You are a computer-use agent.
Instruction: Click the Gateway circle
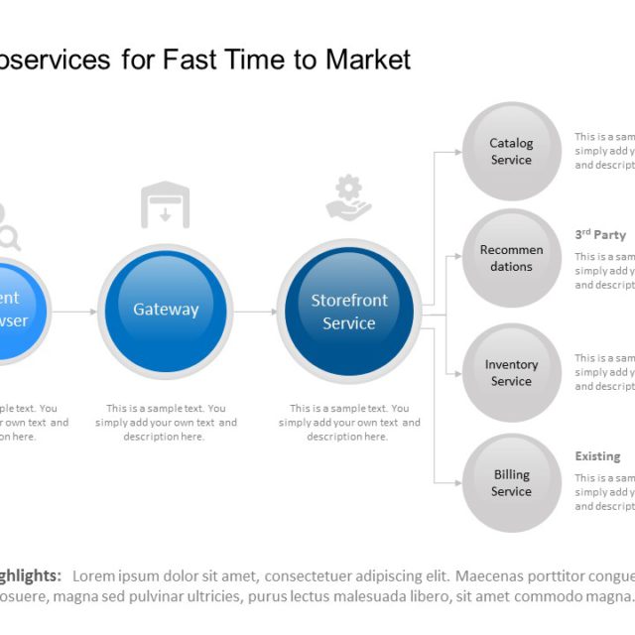point(166,310)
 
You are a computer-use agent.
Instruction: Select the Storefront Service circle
point(349,311)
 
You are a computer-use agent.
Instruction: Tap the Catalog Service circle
point(511,152)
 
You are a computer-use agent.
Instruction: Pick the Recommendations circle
point(511,258)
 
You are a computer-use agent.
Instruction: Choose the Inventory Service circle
point(511,372)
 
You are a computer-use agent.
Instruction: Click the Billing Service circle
point(511,483)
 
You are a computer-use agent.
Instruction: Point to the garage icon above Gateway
point(165,204)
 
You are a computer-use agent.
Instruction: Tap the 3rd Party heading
point(600,235)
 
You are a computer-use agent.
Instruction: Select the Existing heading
point(597,456)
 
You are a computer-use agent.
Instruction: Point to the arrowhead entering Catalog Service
point(457,152)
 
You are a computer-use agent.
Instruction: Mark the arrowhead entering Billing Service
point(457,483)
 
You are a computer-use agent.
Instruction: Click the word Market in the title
point(367,60)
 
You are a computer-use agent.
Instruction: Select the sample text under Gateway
point(166,423)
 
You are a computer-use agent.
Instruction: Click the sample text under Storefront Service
point(349,423)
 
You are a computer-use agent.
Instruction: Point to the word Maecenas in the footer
point(484,575)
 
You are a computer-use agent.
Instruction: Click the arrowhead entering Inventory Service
point(457,373)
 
